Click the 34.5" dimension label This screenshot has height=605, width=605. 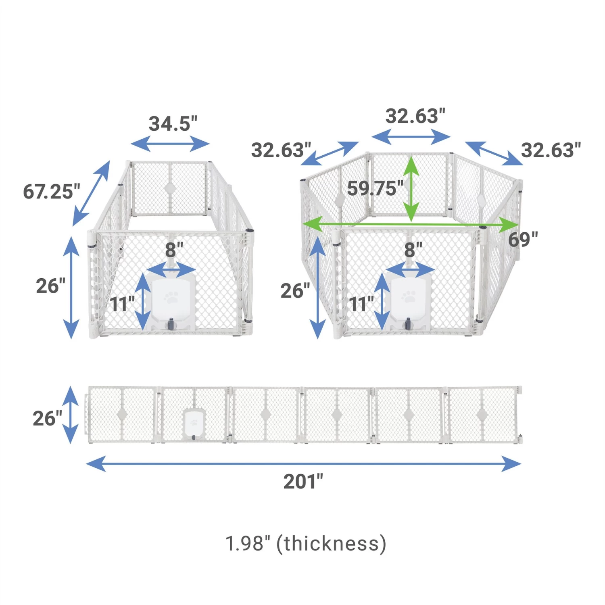click(173, 123)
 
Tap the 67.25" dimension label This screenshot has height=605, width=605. click(51, 191)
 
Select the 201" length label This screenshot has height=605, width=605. click(303, 481)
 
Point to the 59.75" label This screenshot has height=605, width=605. click(375, 188)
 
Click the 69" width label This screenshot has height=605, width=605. click(523, 239)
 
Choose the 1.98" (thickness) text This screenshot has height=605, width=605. click(306, 543)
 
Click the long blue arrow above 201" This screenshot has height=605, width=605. click(304, 464)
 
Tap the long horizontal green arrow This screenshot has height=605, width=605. click(410, 224)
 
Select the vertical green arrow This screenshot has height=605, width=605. click(411, 188)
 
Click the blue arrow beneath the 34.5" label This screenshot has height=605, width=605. click(170, 144)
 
